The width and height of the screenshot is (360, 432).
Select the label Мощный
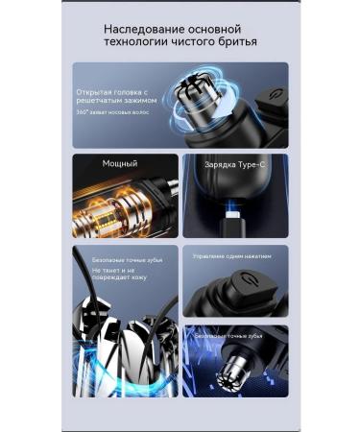[98, 164]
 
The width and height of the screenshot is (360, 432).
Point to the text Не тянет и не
[111, 271]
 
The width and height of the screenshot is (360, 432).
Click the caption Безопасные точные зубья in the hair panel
[119, 258]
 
